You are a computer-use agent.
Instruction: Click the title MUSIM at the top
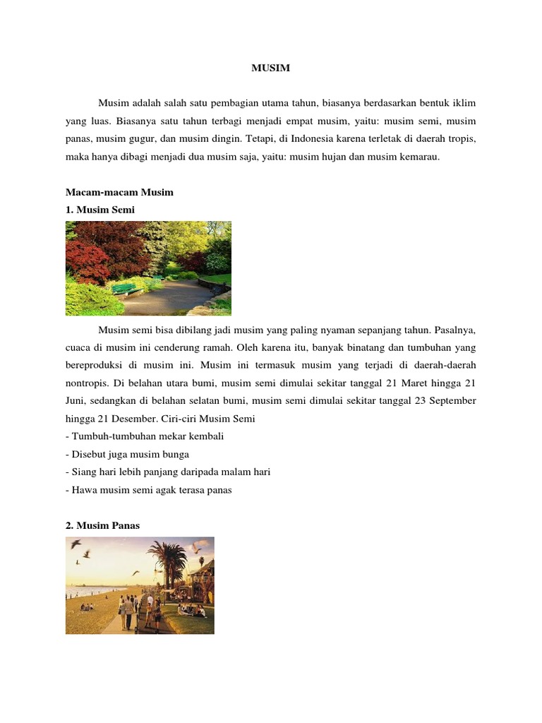271,68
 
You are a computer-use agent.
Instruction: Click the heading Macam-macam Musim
119,192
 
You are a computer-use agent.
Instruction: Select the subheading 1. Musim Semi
100,210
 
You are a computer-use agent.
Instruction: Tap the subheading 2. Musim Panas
102,525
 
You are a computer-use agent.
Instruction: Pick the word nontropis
90,383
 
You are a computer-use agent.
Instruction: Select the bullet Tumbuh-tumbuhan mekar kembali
145,436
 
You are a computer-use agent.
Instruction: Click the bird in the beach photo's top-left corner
76,544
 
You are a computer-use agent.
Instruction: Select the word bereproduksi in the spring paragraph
96,365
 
